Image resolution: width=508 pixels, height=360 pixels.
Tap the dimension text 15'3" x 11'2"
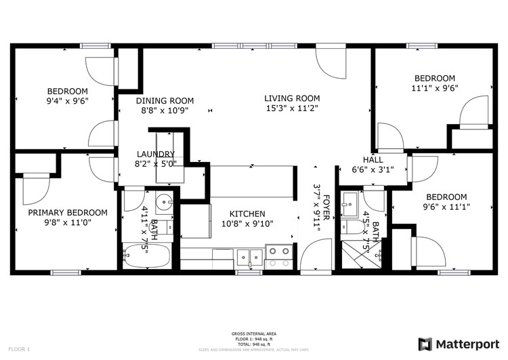click(x=291, y=108)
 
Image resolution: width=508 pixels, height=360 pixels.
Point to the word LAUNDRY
click(x=156, y=154)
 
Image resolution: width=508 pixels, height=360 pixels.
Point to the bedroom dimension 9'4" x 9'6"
click(x=67, y=101)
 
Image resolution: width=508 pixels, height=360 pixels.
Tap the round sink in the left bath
click(x=163, y=202)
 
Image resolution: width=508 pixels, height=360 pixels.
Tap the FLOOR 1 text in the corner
click(x=19, y=349)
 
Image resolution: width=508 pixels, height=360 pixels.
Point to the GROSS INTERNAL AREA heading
click(x=254, y=334)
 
